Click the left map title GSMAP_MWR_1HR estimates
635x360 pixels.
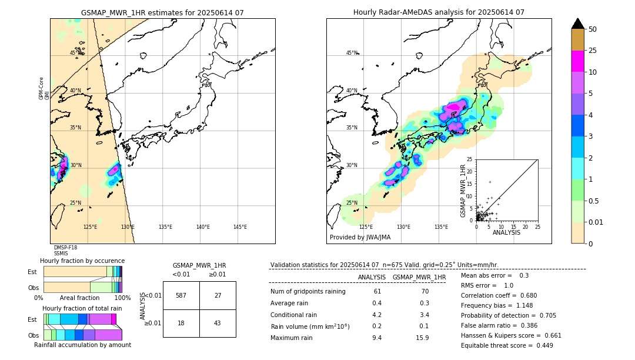[162, 12]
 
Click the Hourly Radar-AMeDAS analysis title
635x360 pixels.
[439, 12]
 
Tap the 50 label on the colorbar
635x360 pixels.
[593, 29]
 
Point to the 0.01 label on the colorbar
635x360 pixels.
[596, 222]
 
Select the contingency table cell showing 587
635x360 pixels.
[181, 295]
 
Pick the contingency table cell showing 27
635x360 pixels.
[217, 295]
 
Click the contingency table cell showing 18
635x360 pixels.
[181, 323]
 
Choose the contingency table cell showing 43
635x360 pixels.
[217, 323]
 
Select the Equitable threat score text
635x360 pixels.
[507, 345]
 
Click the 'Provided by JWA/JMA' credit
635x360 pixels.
[360, 238]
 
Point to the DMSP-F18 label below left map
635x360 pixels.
[65, 248]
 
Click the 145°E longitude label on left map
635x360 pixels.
[240, 227]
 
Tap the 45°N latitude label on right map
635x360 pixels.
[352, 53]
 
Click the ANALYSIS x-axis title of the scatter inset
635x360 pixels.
[506, 232]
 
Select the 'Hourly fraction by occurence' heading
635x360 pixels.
[82, 261]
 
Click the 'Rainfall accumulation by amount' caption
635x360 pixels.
[82, 345]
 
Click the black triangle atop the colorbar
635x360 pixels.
[578, 24]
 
